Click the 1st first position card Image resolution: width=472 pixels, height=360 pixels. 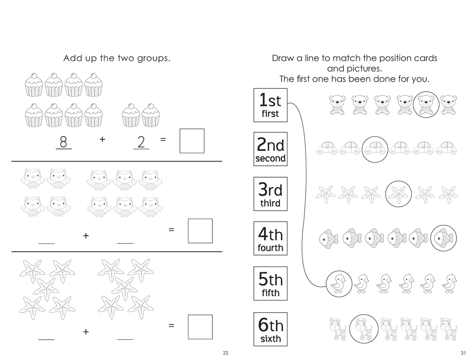click(x=270, y=104)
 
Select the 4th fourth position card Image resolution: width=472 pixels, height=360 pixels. click(x=270, y=239)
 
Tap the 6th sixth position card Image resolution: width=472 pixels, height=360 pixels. click(x=270, y=329)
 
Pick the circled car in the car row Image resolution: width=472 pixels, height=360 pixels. click(x=376, y=148)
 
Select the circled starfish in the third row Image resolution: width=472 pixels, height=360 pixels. click(x=398, y=193)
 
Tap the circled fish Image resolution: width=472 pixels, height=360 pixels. click(x=444, y=238)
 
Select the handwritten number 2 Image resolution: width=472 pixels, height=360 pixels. click(x=141, y=140)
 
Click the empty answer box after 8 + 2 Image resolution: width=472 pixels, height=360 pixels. click(x=192, y=141)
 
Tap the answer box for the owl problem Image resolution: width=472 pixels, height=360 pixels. click(x=200, y=231)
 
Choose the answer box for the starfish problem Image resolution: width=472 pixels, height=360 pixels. click(x=200, y=326)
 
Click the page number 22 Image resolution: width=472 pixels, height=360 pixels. click(x=226, y=353)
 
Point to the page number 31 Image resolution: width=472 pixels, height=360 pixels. click(x=463, y=353)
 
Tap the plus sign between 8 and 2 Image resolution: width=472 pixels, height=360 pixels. click(x=102, y=140)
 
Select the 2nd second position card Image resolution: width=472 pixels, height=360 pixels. click(x=270, y=149)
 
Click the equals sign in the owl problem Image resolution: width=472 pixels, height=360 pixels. click(x=171, y=230)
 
